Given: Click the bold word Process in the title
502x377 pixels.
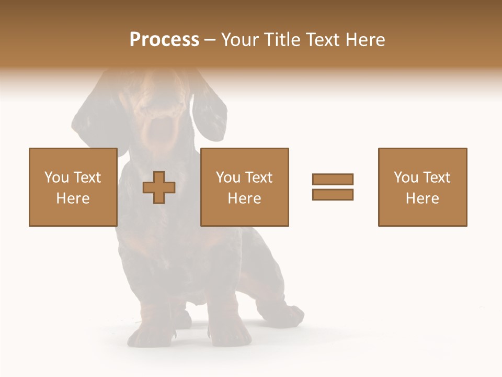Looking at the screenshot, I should point(164,40).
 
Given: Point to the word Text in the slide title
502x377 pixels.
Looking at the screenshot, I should point(324,40).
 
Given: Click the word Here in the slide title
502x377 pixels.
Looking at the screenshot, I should point(366,40).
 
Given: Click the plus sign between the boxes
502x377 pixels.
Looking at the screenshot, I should point(159,187).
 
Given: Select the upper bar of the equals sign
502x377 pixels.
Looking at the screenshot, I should point(333,179).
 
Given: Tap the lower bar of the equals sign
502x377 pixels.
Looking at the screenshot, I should point(333,195).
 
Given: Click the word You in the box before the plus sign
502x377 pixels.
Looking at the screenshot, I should point(56,178).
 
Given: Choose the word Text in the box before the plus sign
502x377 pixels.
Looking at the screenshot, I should point(87,178).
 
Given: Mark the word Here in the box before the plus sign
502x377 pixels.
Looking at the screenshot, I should point(73,198).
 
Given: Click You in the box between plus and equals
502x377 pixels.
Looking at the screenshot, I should point(228,178).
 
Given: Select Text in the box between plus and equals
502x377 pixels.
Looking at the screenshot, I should point(258,178).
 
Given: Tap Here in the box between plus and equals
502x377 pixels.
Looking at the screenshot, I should point(244,198).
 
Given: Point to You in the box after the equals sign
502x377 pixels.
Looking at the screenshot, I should point(406,178).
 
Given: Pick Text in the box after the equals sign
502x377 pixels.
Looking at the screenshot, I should point(436,178).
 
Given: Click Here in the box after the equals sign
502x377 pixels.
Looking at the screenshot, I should point(422,198).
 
